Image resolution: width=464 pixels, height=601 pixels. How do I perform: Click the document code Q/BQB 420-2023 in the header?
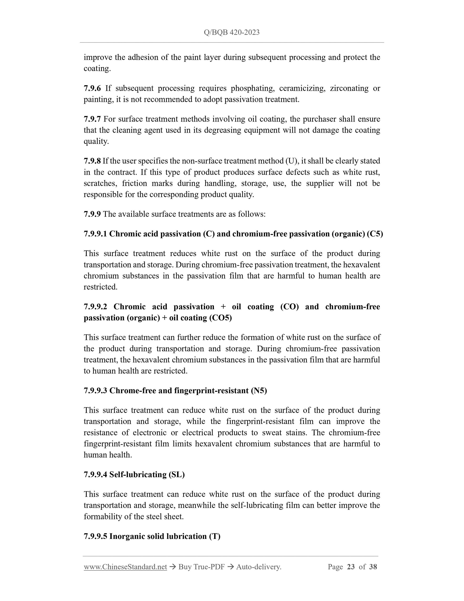tap(232, 32)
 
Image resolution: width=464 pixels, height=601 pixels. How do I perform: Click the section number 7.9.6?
tap(92, 88)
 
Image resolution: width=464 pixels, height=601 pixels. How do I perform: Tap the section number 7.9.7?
tap(92, 119)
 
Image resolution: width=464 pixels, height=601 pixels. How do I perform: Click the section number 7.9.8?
tap(92, 161)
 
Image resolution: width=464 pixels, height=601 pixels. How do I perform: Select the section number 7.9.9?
tap(92, 214)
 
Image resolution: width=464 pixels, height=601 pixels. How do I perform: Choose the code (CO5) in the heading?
tap(221, 318)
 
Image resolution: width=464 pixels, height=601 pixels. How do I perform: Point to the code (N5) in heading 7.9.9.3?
tap(259, 391)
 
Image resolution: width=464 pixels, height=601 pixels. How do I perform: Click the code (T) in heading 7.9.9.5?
tap(215, 536)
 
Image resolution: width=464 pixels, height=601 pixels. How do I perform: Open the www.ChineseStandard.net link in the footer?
tap(125, 567)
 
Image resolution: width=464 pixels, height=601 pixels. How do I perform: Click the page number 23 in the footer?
tap(351, 567)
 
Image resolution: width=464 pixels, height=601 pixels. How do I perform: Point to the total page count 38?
tap(373, 567)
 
